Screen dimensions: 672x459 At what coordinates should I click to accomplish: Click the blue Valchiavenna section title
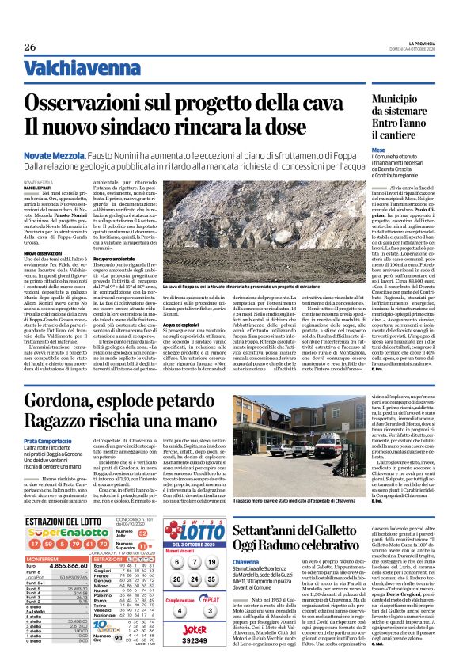tap(75, 68)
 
